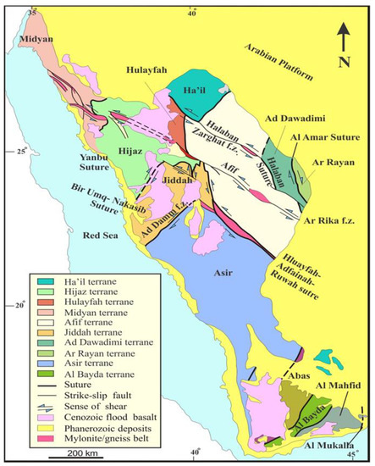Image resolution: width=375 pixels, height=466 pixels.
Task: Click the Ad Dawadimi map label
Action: pyautogui.click(x=297, y=119)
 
